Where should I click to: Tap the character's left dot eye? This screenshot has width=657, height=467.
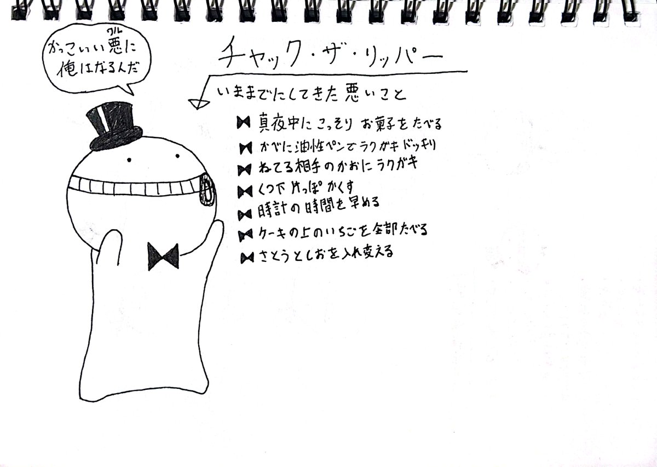click(x=129, y=160)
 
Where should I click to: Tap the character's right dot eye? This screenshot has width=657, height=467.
click(x=177, y=156)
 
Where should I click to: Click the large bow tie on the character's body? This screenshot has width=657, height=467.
click(x=163, y=256)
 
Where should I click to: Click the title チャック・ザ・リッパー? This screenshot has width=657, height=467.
click(x=331, y=55)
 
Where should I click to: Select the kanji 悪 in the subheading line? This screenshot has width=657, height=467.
click(x=353, y=92)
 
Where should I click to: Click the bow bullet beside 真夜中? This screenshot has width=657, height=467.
click(x=244, y=122)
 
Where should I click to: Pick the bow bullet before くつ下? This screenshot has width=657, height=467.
click(x=245, y=192)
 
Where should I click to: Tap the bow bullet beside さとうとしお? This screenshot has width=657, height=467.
click(x=247, y=258)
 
